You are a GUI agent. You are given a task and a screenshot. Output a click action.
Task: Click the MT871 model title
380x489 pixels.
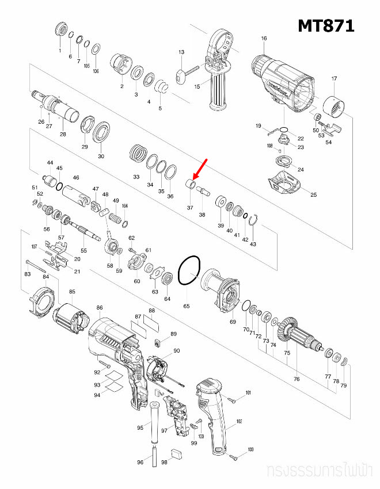(x=325, y=26)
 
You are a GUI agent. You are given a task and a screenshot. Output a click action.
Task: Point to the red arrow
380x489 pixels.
(x=199, y=169)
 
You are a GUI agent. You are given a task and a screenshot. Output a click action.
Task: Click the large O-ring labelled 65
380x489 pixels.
(x=188, y=270)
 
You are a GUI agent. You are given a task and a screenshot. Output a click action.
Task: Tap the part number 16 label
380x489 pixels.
(x=264, y=39)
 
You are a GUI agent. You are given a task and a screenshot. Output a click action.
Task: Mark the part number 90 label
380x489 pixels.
(x=176, y=351)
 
